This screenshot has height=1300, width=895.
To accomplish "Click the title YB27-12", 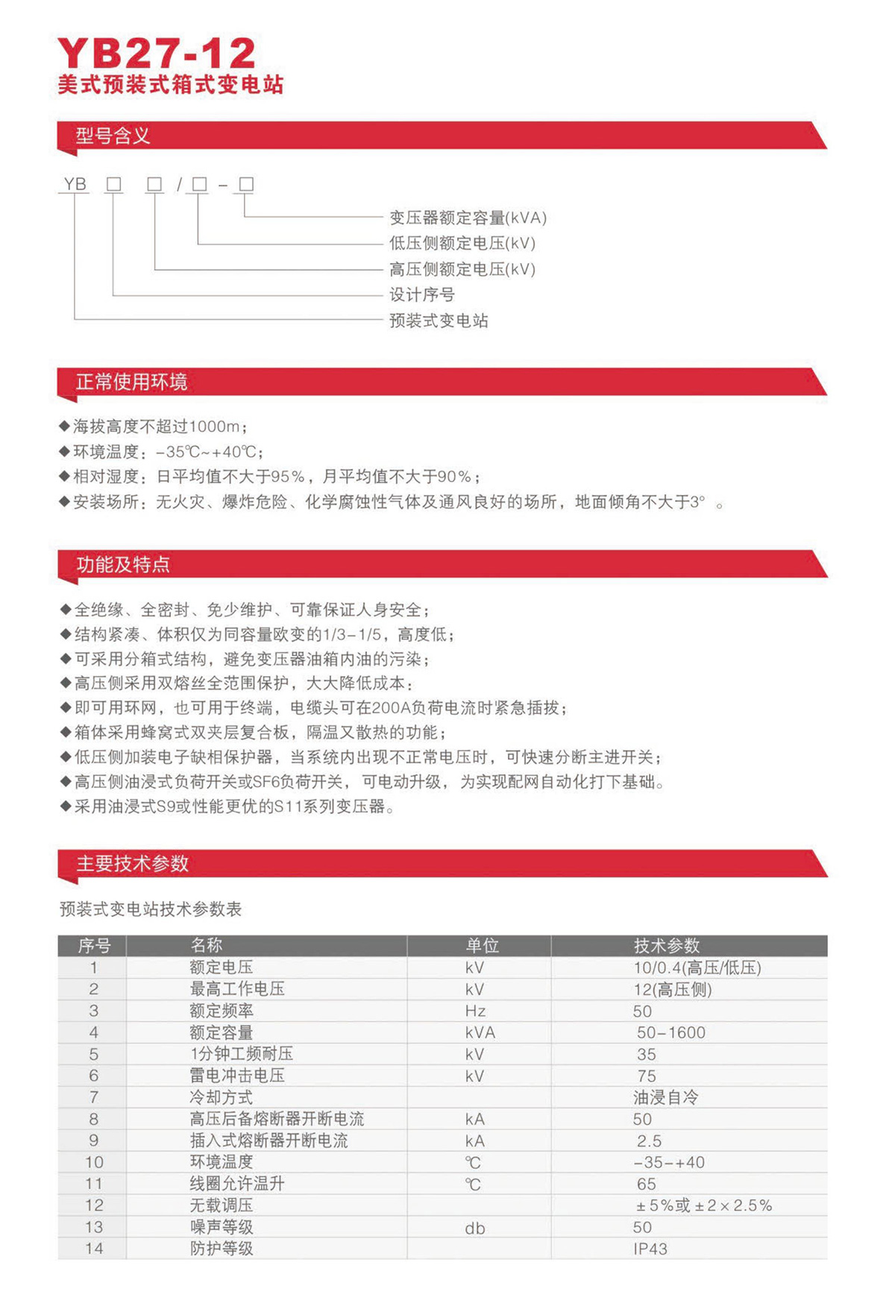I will [x=156, y=54].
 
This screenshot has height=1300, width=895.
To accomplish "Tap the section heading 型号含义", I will [x=113, y=136].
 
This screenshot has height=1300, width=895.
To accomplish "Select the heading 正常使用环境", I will [x=131, y=382].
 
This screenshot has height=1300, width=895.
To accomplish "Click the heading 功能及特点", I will [x=123, y=564].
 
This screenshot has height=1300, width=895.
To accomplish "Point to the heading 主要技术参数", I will [x=133, y=863].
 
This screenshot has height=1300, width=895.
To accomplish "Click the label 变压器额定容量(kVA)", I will [x=468, y=218].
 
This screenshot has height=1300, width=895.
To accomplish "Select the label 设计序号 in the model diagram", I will [x=421, y=294].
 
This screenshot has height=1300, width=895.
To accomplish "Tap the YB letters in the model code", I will [x=75, y=184].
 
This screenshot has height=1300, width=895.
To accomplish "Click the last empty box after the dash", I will [x=245, y=184].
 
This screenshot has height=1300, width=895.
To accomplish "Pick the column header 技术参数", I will [x=667, y=945].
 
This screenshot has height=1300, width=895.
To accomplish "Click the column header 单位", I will [x=482, y=945].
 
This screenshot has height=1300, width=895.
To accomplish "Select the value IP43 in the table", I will [x=650, y=1249].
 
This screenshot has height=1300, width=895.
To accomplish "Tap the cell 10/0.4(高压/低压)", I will [x=697, y=968].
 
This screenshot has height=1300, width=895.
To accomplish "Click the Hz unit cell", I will [x=475, y=1011].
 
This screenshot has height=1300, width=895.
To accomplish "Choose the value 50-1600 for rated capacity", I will [x=671, y=1032].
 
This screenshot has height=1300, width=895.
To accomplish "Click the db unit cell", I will [x=474, y=1228].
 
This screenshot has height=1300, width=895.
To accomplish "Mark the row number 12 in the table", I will [x=94, y=1205].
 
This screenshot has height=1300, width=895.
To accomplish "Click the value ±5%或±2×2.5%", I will [x=703, y=1205].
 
